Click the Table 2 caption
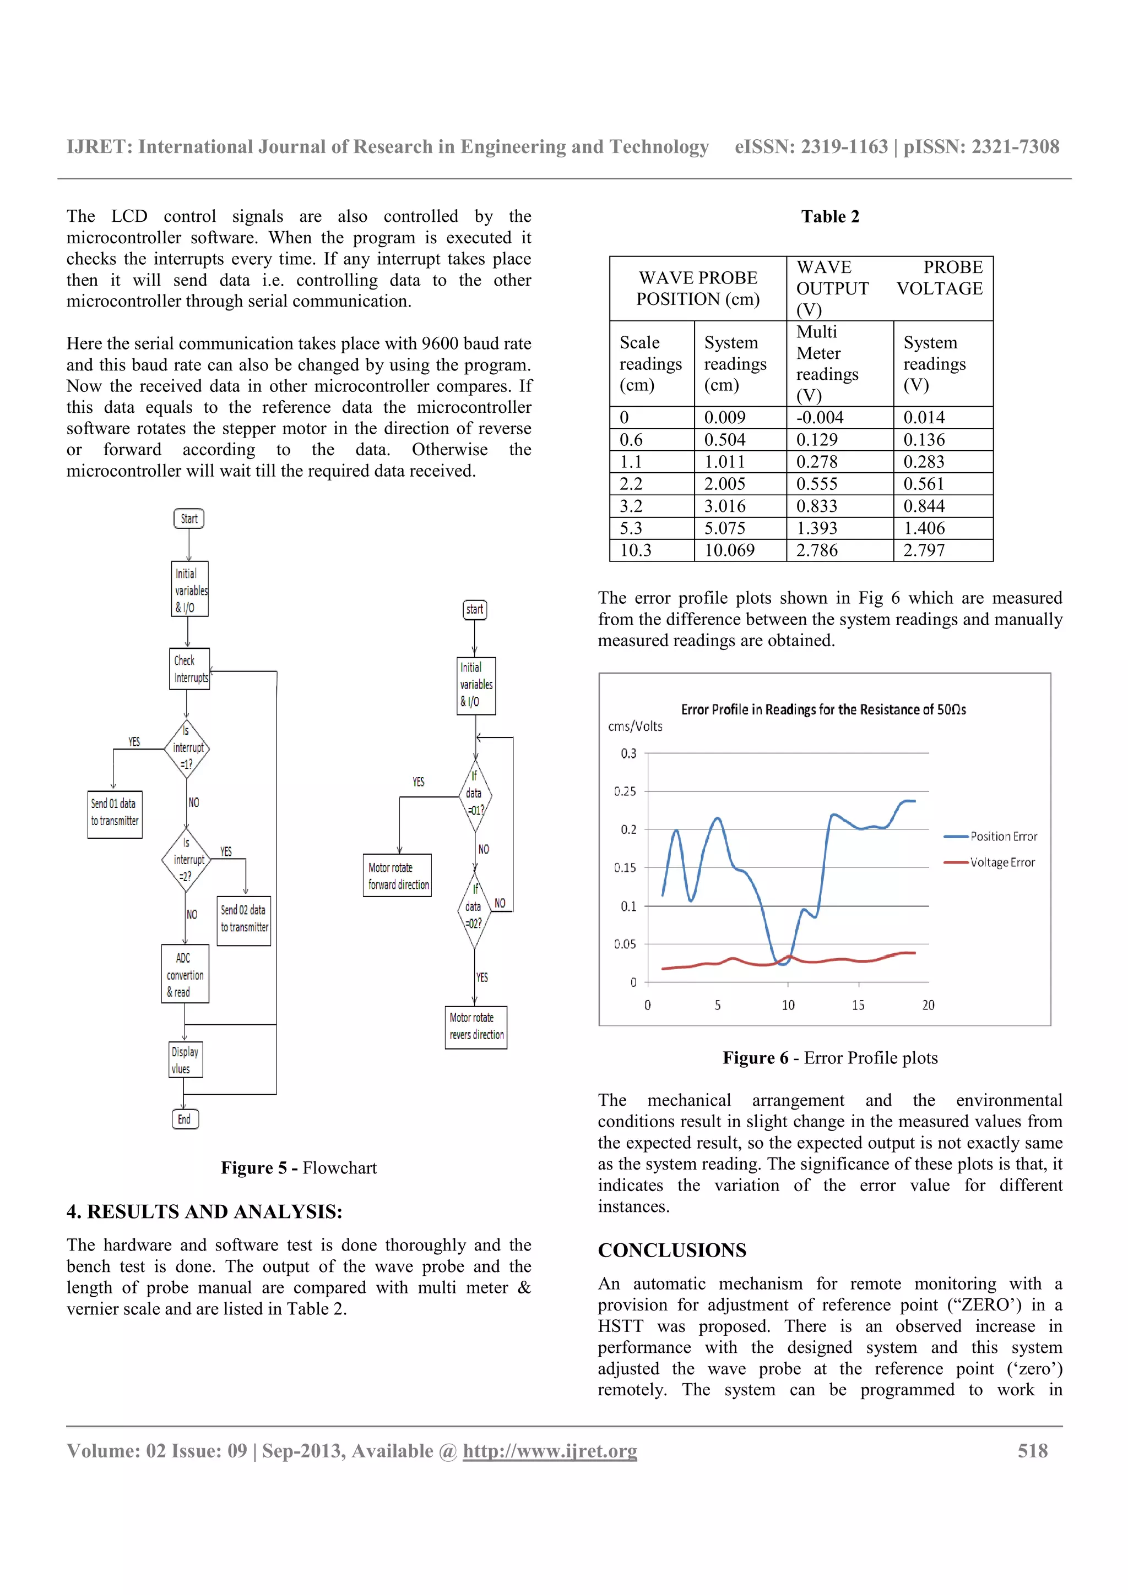830,217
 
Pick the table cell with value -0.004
839,418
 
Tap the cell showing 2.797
942,550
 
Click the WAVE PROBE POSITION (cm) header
698,288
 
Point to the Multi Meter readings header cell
839,363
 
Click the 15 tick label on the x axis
858,1005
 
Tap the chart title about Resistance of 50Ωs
823,709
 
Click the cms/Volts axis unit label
635,727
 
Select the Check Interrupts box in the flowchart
189,669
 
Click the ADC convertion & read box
185,974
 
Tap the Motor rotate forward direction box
398,875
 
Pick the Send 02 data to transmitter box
244,920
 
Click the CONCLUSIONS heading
672,1250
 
